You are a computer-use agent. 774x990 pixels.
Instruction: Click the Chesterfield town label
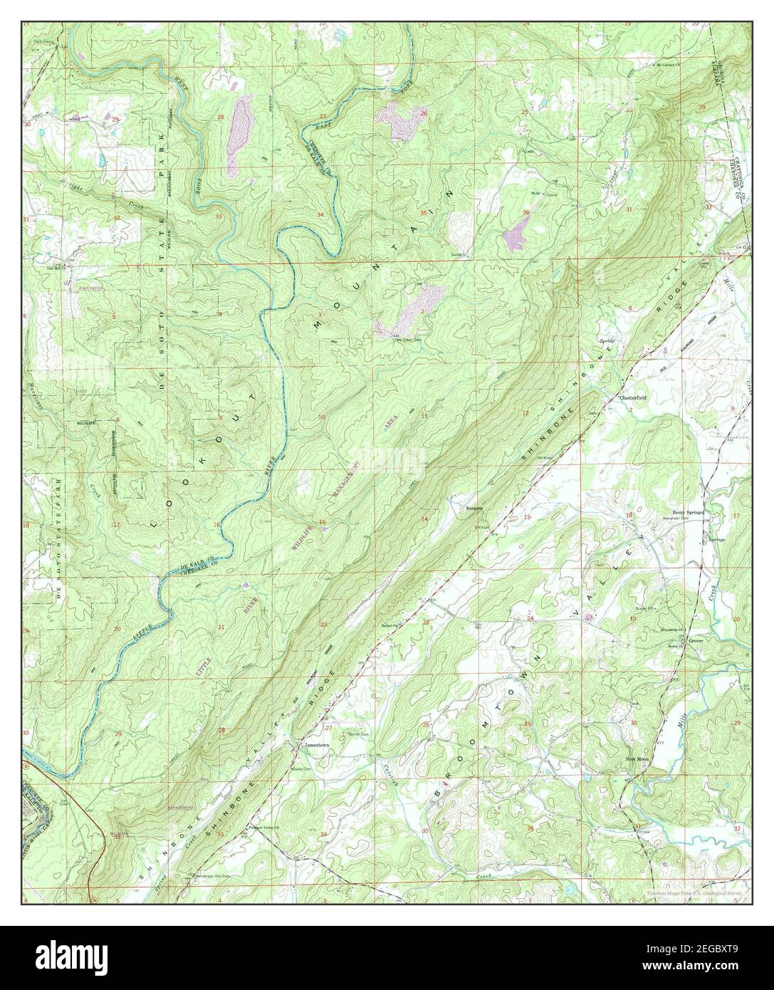tap(632, 397)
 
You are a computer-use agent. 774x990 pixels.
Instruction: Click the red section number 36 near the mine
tap(526, 212)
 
